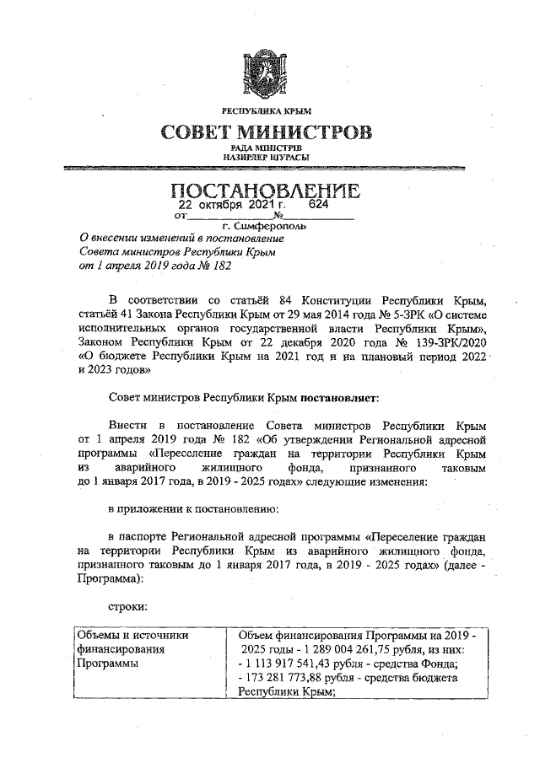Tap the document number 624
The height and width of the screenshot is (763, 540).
pyautogui.click(x=318, y=204)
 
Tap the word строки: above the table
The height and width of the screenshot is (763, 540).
pyautogui.click(x=127, y=607)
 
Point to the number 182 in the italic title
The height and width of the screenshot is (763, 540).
pyautogui.click(x=219, y=266)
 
